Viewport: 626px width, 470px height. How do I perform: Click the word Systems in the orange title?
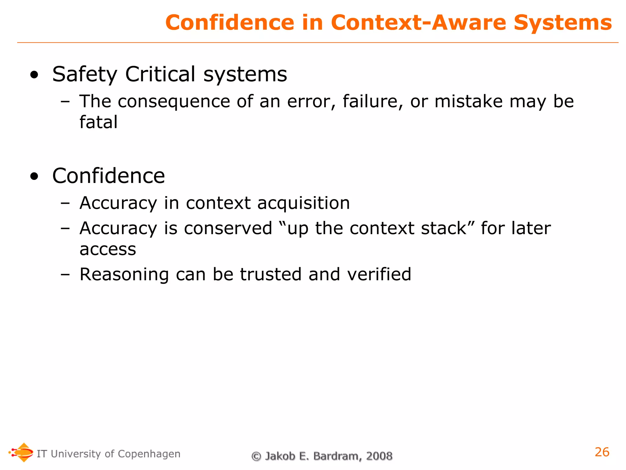(563, 23)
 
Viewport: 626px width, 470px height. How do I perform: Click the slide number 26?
(602, 452)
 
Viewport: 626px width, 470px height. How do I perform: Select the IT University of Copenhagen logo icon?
(22, 452)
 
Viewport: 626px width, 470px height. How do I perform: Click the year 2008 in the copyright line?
(379, 456)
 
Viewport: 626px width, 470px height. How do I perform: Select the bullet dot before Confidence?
(35, 177)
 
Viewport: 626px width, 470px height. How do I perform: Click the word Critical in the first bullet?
(160, 74)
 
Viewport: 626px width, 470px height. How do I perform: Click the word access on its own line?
(108, 250)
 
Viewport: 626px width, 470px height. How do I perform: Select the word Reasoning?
(124, 275)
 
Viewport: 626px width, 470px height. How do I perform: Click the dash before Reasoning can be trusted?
(65, 274)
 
